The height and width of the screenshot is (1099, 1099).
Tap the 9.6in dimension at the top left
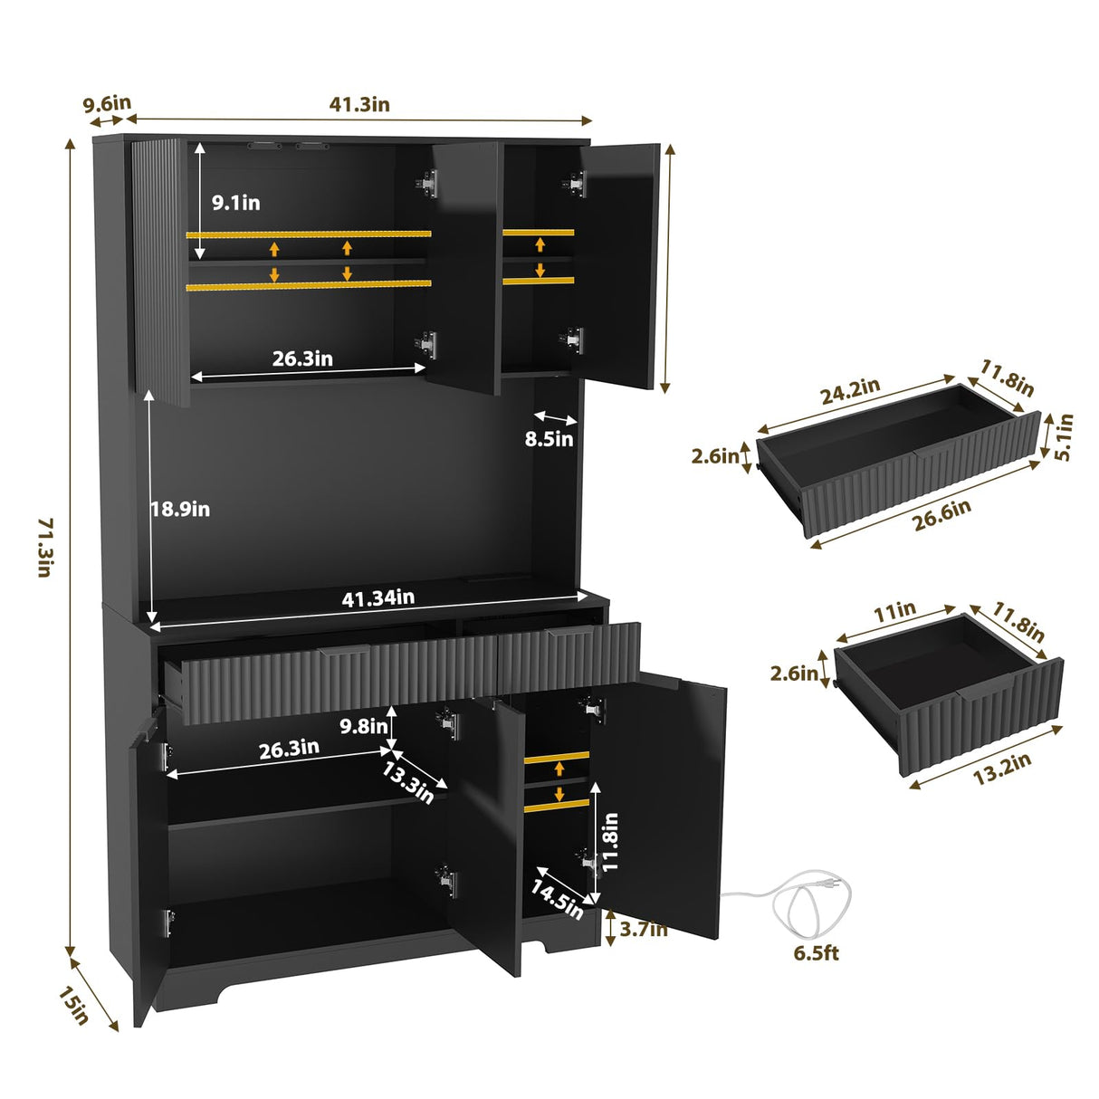click(107, 103)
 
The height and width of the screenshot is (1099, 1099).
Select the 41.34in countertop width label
click(377, 597)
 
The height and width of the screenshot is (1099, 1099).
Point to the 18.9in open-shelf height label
click(180, 510)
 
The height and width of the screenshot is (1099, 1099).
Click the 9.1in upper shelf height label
click(235, 203)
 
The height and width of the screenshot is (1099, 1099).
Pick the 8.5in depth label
click(549, 439)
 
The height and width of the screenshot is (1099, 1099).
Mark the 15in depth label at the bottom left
click(74, 1006)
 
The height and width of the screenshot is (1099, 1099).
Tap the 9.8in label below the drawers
click(363, 726)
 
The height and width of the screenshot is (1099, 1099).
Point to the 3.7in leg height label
click(642, 929)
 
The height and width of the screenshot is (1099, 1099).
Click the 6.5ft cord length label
click(816, 953)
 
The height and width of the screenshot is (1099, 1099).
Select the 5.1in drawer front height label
click(1065, 437)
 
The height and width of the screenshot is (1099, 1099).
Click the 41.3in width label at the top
click(358, 104)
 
